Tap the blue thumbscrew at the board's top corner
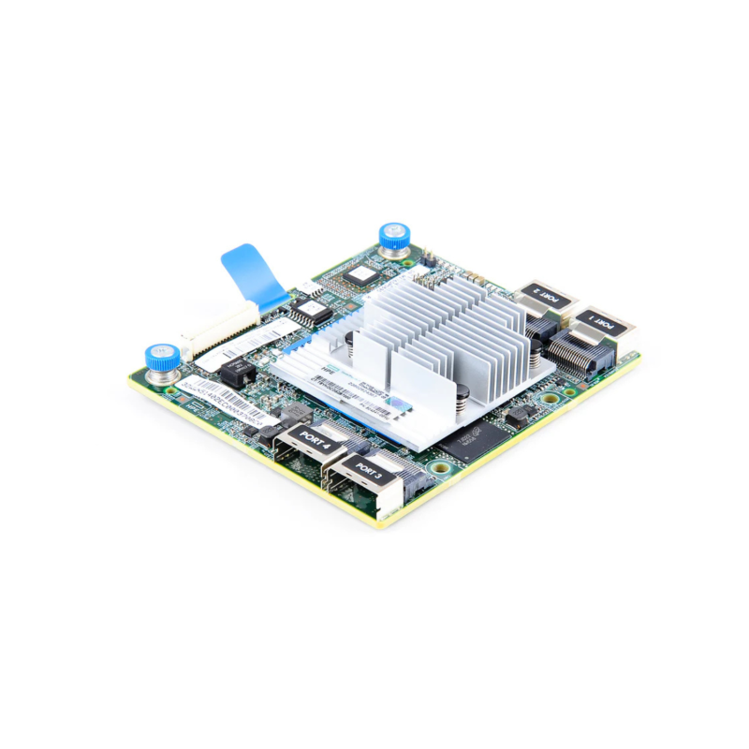click(394, 237)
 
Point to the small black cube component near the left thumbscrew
click(240, 374)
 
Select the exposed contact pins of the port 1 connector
click(580, 356)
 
